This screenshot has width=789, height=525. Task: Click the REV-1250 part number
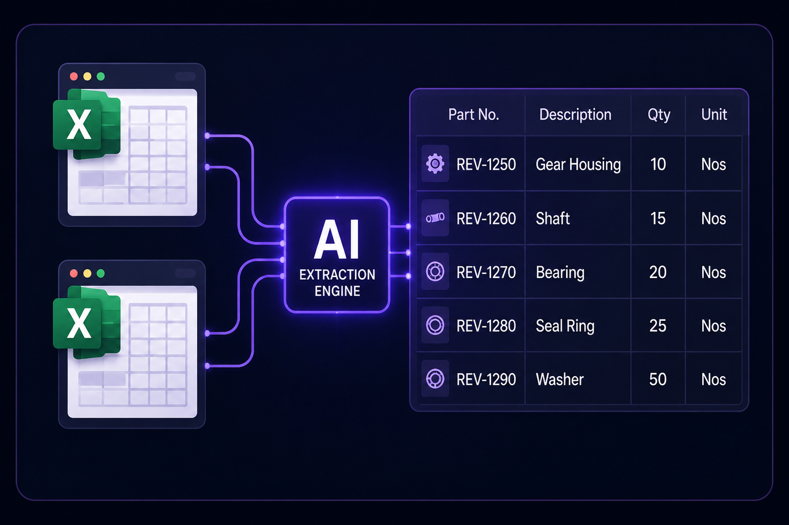coord(486,164)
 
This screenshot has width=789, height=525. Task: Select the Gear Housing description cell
coord(578,164)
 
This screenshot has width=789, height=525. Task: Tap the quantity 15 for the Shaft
coord(658,218)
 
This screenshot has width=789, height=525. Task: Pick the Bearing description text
coord(560,273)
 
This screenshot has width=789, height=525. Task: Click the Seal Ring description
coord(565,326)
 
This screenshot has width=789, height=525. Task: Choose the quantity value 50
coord(658,379)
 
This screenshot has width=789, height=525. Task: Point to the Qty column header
coord(659,115)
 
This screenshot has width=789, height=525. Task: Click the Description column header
coord(575,115)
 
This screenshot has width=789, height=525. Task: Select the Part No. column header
coord(474,114)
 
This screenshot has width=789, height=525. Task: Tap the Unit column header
coord(714,114)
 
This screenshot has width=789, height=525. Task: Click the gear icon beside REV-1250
coord(435,163)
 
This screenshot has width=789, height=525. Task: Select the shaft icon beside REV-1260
coord(435,218)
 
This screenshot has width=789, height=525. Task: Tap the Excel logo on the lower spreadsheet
coord(87,322)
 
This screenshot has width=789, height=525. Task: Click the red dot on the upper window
coord(73,76)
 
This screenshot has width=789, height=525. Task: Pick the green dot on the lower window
coord(101,273)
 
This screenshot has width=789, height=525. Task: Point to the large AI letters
coord(337,240)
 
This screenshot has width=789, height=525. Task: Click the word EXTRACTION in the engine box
coord(337,275)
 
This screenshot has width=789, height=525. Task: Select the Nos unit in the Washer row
coord(714,379)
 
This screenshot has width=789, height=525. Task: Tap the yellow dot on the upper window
coord(87,76)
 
